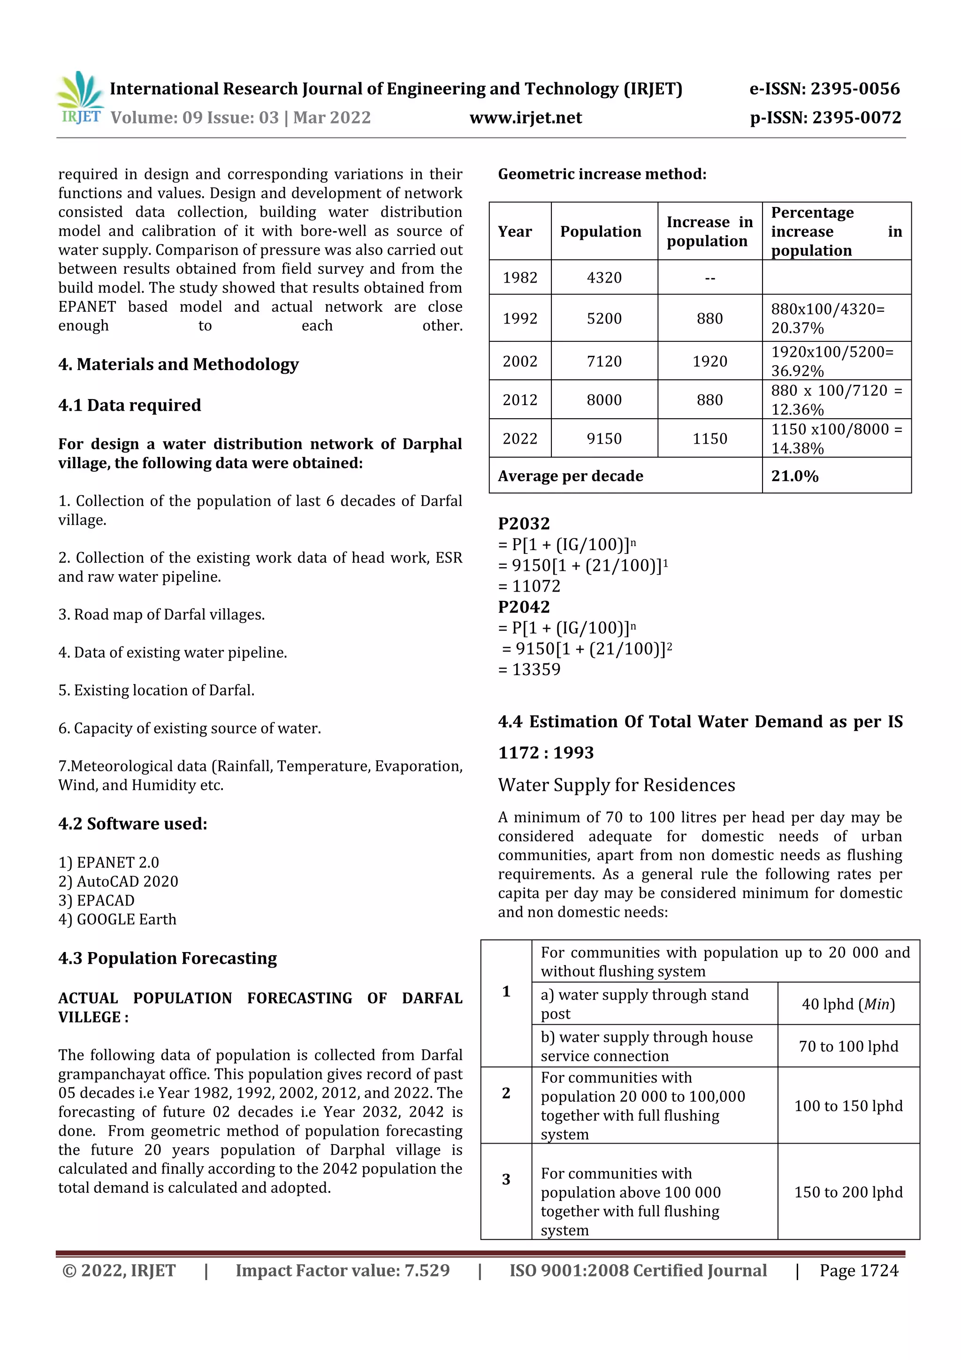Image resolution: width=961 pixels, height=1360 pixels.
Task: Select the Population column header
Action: coord(601,231)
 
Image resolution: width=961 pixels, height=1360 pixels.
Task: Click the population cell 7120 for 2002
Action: coord(604,361)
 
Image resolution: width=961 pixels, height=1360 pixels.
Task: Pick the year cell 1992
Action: coord(520,319)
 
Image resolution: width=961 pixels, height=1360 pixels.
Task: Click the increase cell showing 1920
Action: coord(709,361)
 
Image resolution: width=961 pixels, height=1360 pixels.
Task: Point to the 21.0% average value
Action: coord(794,476)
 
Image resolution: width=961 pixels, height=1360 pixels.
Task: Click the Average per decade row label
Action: coord(570,476)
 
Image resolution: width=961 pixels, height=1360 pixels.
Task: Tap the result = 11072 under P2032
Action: coord(529,586)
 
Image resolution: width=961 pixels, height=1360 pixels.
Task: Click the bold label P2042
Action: coord(523,607)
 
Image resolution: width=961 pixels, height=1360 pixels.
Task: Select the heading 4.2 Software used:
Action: coord(133,824)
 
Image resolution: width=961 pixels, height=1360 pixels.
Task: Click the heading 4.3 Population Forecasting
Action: coord(168,959)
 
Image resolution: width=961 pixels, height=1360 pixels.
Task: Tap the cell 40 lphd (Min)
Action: coord(848,1004)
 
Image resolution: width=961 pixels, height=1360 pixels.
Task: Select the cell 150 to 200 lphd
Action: coord(848,1192)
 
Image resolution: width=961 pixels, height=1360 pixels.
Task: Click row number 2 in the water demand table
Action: coord(506,1093)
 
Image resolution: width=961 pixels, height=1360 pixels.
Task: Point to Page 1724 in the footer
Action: coord(859,1270)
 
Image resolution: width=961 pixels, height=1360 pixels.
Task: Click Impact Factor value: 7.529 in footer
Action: coord(342,1270)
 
